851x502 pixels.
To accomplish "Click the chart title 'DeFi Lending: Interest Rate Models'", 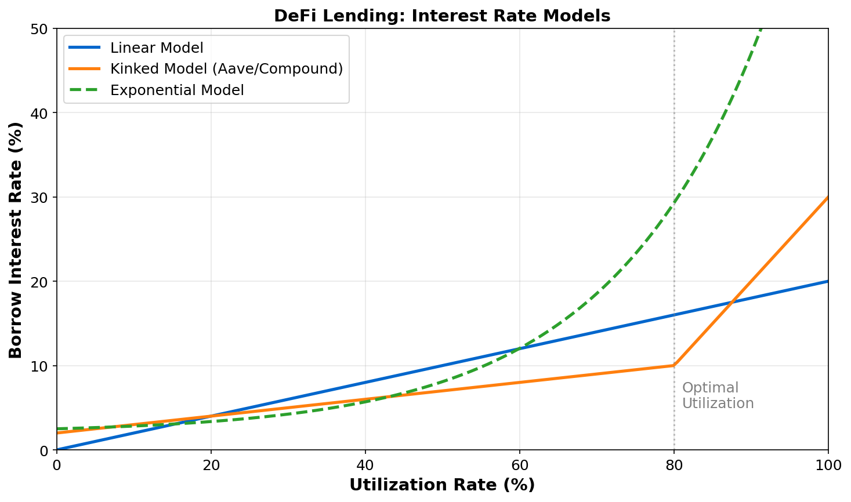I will point(442,16).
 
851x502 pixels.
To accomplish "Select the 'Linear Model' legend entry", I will point(157,48).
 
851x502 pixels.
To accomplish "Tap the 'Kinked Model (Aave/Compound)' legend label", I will point(226,69).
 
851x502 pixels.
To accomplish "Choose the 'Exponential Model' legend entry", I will point(177,90).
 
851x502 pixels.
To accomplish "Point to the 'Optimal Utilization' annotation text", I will point(718,395).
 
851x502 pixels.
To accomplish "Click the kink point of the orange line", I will point(674,365).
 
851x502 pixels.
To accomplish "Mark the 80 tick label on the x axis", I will point(674,465).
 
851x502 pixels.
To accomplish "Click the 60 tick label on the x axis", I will point(519,465).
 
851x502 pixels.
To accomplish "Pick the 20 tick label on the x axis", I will point(211,465).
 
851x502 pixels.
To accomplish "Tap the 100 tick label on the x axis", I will point(828,465).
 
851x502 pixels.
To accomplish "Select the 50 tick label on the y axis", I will point(42,28).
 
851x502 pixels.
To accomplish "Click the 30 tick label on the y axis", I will point(42,197).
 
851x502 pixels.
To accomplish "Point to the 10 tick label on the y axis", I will point(42,366).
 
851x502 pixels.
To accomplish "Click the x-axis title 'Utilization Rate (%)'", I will point(442,485).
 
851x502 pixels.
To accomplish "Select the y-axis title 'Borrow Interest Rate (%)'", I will point(16,239).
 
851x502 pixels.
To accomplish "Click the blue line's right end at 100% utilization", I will point(828,281).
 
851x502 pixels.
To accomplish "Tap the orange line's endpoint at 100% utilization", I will point(828,197).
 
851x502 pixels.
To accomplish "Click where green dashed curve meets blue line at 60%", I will point(519,348).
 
